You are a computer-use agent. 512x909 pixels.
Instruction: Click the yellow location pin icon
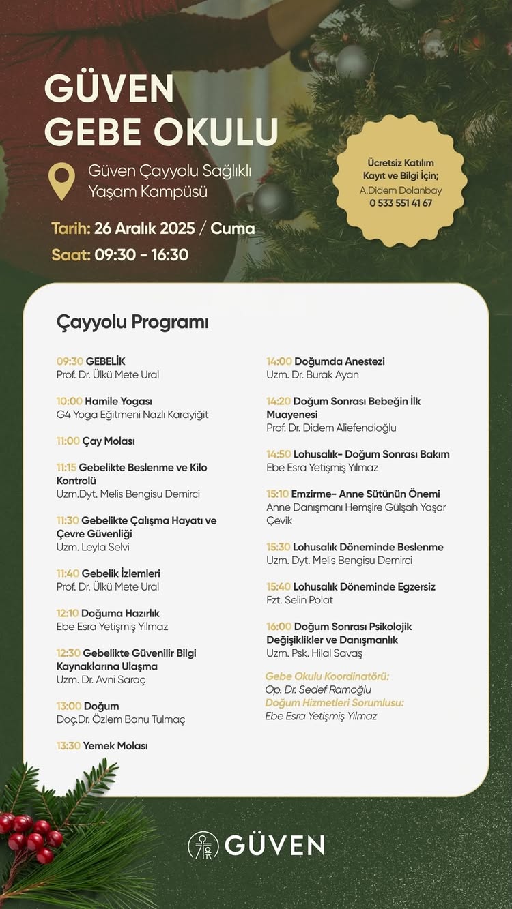click(x=61, y=180)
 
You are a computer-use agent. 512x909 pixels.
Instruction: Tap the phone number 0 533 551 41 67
click(x=401, y=203)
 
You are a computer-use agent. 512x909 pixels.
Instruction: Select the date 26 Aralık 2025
click(x=145, y=228)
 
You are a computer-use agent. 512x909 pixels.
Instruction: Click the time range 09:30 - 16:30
click(x=141, y=255)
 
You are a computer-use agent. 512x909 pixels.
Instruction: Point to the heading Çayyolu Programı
click(x=132, y=322)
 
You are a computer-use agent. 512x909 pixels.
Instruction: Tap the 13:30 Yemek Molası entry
click(x=102, y=746)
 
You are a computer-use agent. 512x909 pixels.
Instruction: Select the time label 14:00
click(x=279, y=361)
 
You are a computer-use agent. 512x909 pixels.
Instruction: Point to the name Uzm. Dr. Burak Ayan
click(x=313, y=374)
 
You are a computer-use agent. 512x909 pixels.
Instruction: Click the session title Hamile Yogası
click(x=118, y=401)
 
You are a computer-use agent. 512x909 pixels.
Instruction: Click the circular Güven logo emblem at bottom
click(x=203, y=845)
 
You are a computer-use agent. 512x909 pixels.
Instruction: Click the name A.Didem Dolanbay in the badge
click(x=401, y=191)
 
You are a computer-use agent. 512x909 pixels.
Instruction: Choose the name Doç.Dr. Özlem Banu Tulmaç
click(x=121, y=719)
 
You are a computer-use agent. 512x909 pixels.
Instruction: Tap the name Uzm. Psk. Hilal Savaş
click(x=314, y=653)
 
